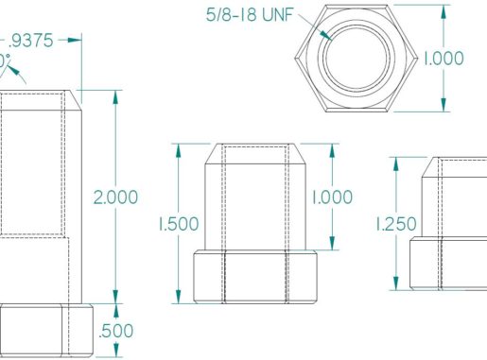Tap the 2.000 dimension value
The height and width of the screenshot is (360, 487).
coord(115,197)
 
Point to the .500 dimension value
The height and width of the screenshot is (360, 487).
coord(116,331)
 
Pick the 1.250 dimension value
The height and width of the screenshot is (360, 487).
coord(396,224)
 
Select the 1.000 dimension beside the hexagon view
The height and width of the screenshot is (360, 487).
coord(444,58)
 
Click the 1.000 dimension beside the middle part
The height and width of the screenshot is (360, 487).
coord(332,197)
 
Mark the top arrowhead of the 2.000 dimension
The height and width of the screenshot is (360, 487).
coord(115,95)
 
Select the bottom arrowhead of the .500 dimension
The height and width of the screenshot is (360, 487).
coord(115,355)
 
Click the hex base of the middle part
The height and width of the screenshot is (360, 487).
coord(254,277)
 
